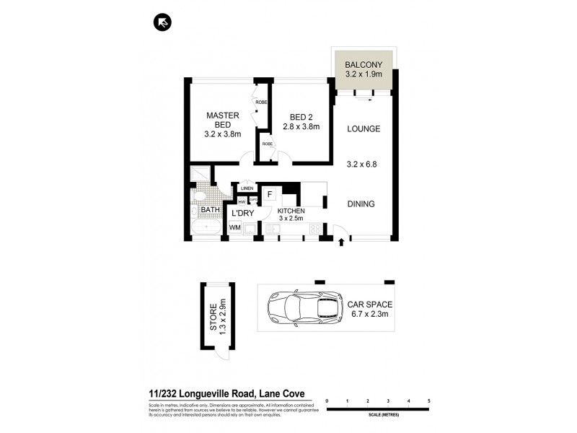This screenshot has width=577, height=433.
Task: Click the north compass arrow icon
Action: coord(162,23)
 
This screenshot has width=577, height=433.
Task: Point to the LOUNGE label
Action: coord(363,129)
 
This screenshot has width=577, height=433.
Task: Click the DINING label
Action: coord(361,204)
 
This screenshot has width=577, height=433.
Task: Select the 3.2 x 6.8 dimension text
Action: coord(363,164)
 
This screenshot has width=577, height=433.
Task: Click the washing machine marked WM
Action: coord(234,227)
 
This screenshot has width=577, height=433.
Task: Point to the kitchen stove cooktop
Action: coord(314,228)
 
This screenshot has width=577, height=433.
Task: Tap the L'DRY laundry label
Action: coord(242,214)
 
